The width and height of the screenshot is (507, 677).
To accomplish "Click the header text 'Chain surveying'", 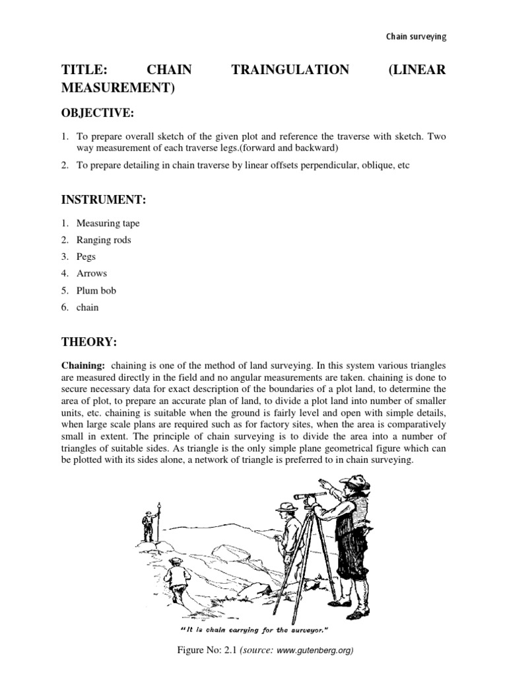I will tap(416, 36).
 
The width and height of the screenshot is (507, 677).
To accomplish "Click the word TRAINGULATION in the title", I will tap(290, 70).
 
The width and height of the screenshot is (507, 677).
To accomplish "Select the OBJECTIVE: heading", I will tap(97, 114).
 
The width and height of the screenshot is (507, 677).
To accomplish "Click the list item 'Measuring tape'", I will tap(108, 223).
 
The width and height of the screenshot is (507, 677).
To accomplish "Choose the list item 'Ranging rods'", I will tap(104, 240).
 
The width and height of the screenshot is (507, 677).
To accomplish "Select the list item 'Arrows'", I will tap(92, 273).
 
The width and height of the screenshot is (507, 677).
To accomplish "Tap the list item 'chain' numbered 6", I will tap(88, 307).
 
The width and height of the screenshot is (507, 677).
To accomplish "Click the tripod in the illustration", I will tap(317, 555).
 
